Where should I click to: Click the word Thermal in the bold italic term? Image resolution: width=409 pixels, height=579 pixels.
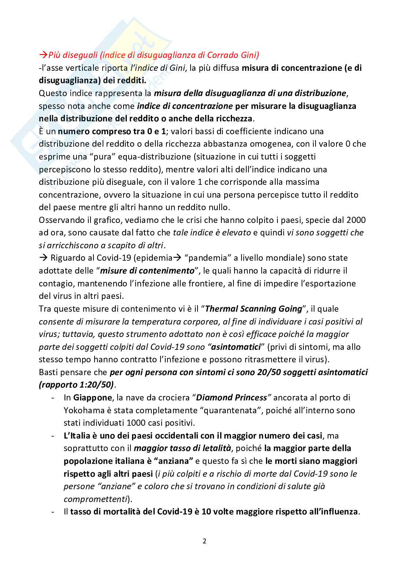click(222, 309)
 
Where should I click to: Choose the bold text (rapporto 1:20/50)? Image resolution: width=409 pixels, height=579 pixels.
click(76, 385)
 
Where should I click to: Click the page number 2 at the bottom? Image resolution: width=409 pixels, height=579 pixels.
click(204, 541)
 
